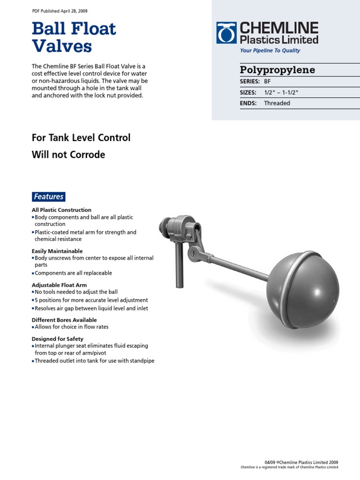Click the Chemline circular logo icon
[227, 33]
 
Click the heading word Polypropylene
[277, 70]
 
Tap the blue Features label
[48, 197]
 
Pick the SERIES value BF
[267, 81]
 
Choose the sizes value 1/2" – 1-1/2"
[281, 92]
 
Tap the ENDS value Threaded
[277, 103]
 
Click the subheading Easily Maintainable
[57, 251]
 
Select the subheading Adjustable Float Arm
[59, 285]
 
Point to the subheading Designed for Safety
[58, 339]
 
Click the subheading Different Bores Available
[64, 320]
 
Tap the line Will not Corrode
[68, 155]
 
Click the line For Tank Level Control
[81, 138]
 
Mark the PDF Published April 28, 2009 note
[60, 11]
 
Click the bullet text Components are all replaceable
[73, 273]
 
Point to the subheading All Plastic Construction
[61, 210]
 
